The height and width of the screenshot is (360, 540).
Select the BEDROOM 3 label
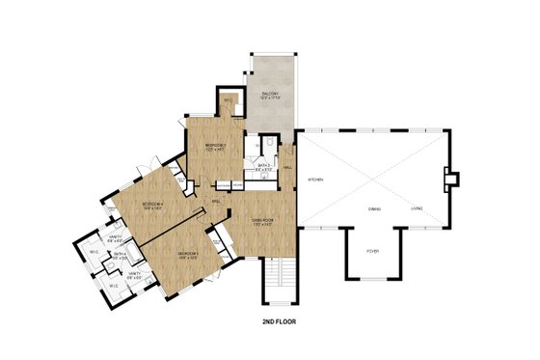(214, 145)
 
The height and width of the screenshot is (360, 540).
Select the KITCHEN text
(315, 180)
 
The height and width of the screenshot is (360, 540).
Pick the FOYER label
(372, 253)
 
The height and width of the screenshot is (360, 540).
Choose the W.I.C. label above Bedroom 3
(228, 99)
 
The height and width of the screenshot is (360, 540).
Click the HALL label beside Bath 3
(287, 167)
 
